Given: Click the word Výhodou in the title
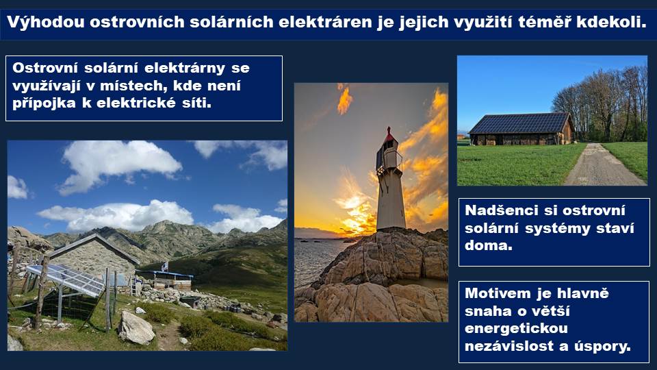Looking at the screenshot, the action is point(46,22).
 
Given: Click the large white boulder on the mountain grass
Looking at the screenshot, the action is point(136,328).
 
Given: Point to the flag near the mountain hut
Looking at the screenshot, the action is point(165,266).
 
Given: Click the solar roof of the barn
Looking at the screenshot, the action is point(519,123).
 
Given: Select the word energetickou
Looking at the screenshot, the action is point(516,328).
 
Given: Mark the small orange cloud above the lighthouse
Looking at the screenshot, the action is point(344,100).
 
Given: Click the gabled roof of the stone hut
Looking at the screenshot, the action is point(93,247).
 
